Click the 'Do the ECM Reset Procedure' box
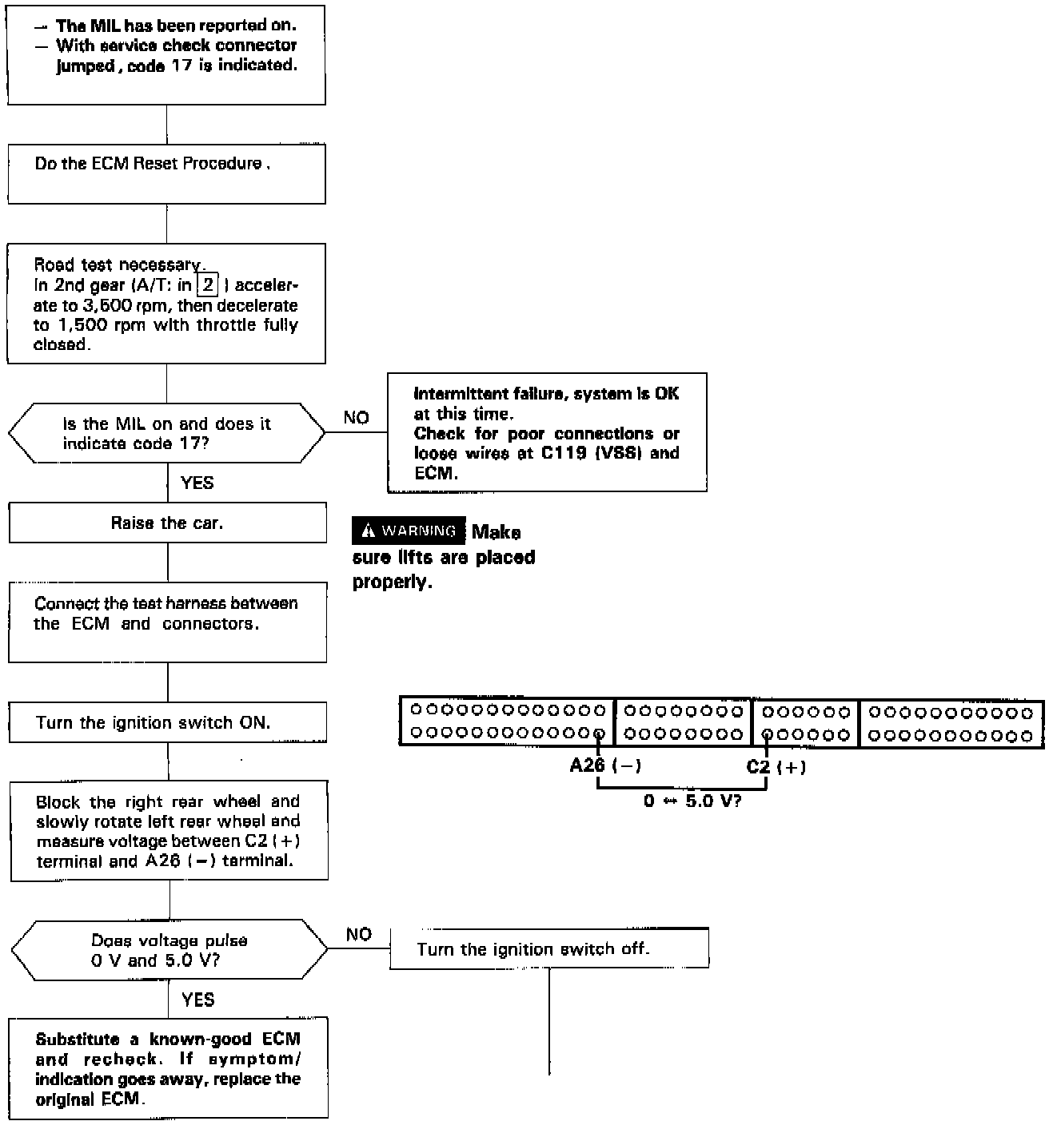click(166, 173)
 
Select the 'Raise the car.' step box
click(167, 523)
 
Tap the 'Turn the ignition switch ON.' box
click(167, 722)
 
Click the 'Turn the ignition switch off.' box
click(548, 949)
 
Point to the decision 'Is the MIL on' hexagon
click(166, 433)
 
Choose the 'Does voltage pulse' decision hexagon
click(169, 950)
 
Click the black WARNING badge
click(409, 531)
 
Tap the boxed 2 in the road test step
click(208, 285)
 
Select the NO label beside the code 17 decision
click(356, 417)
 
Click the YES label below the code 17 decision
click(197, 483)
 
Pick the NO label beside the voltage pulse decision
click(358, 934)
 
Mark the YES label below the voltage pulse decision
click(197, 1000)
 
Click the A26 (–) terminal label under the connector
click(604, 765)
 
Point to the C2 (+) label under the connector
click(776, 767)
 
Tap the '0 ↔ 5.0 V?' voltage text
click(692, 801)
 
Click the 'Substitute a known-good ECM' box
click(168, 1067)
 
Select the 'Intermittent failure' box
click(547, 432)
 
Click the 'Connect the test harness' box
click(167, 622)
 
